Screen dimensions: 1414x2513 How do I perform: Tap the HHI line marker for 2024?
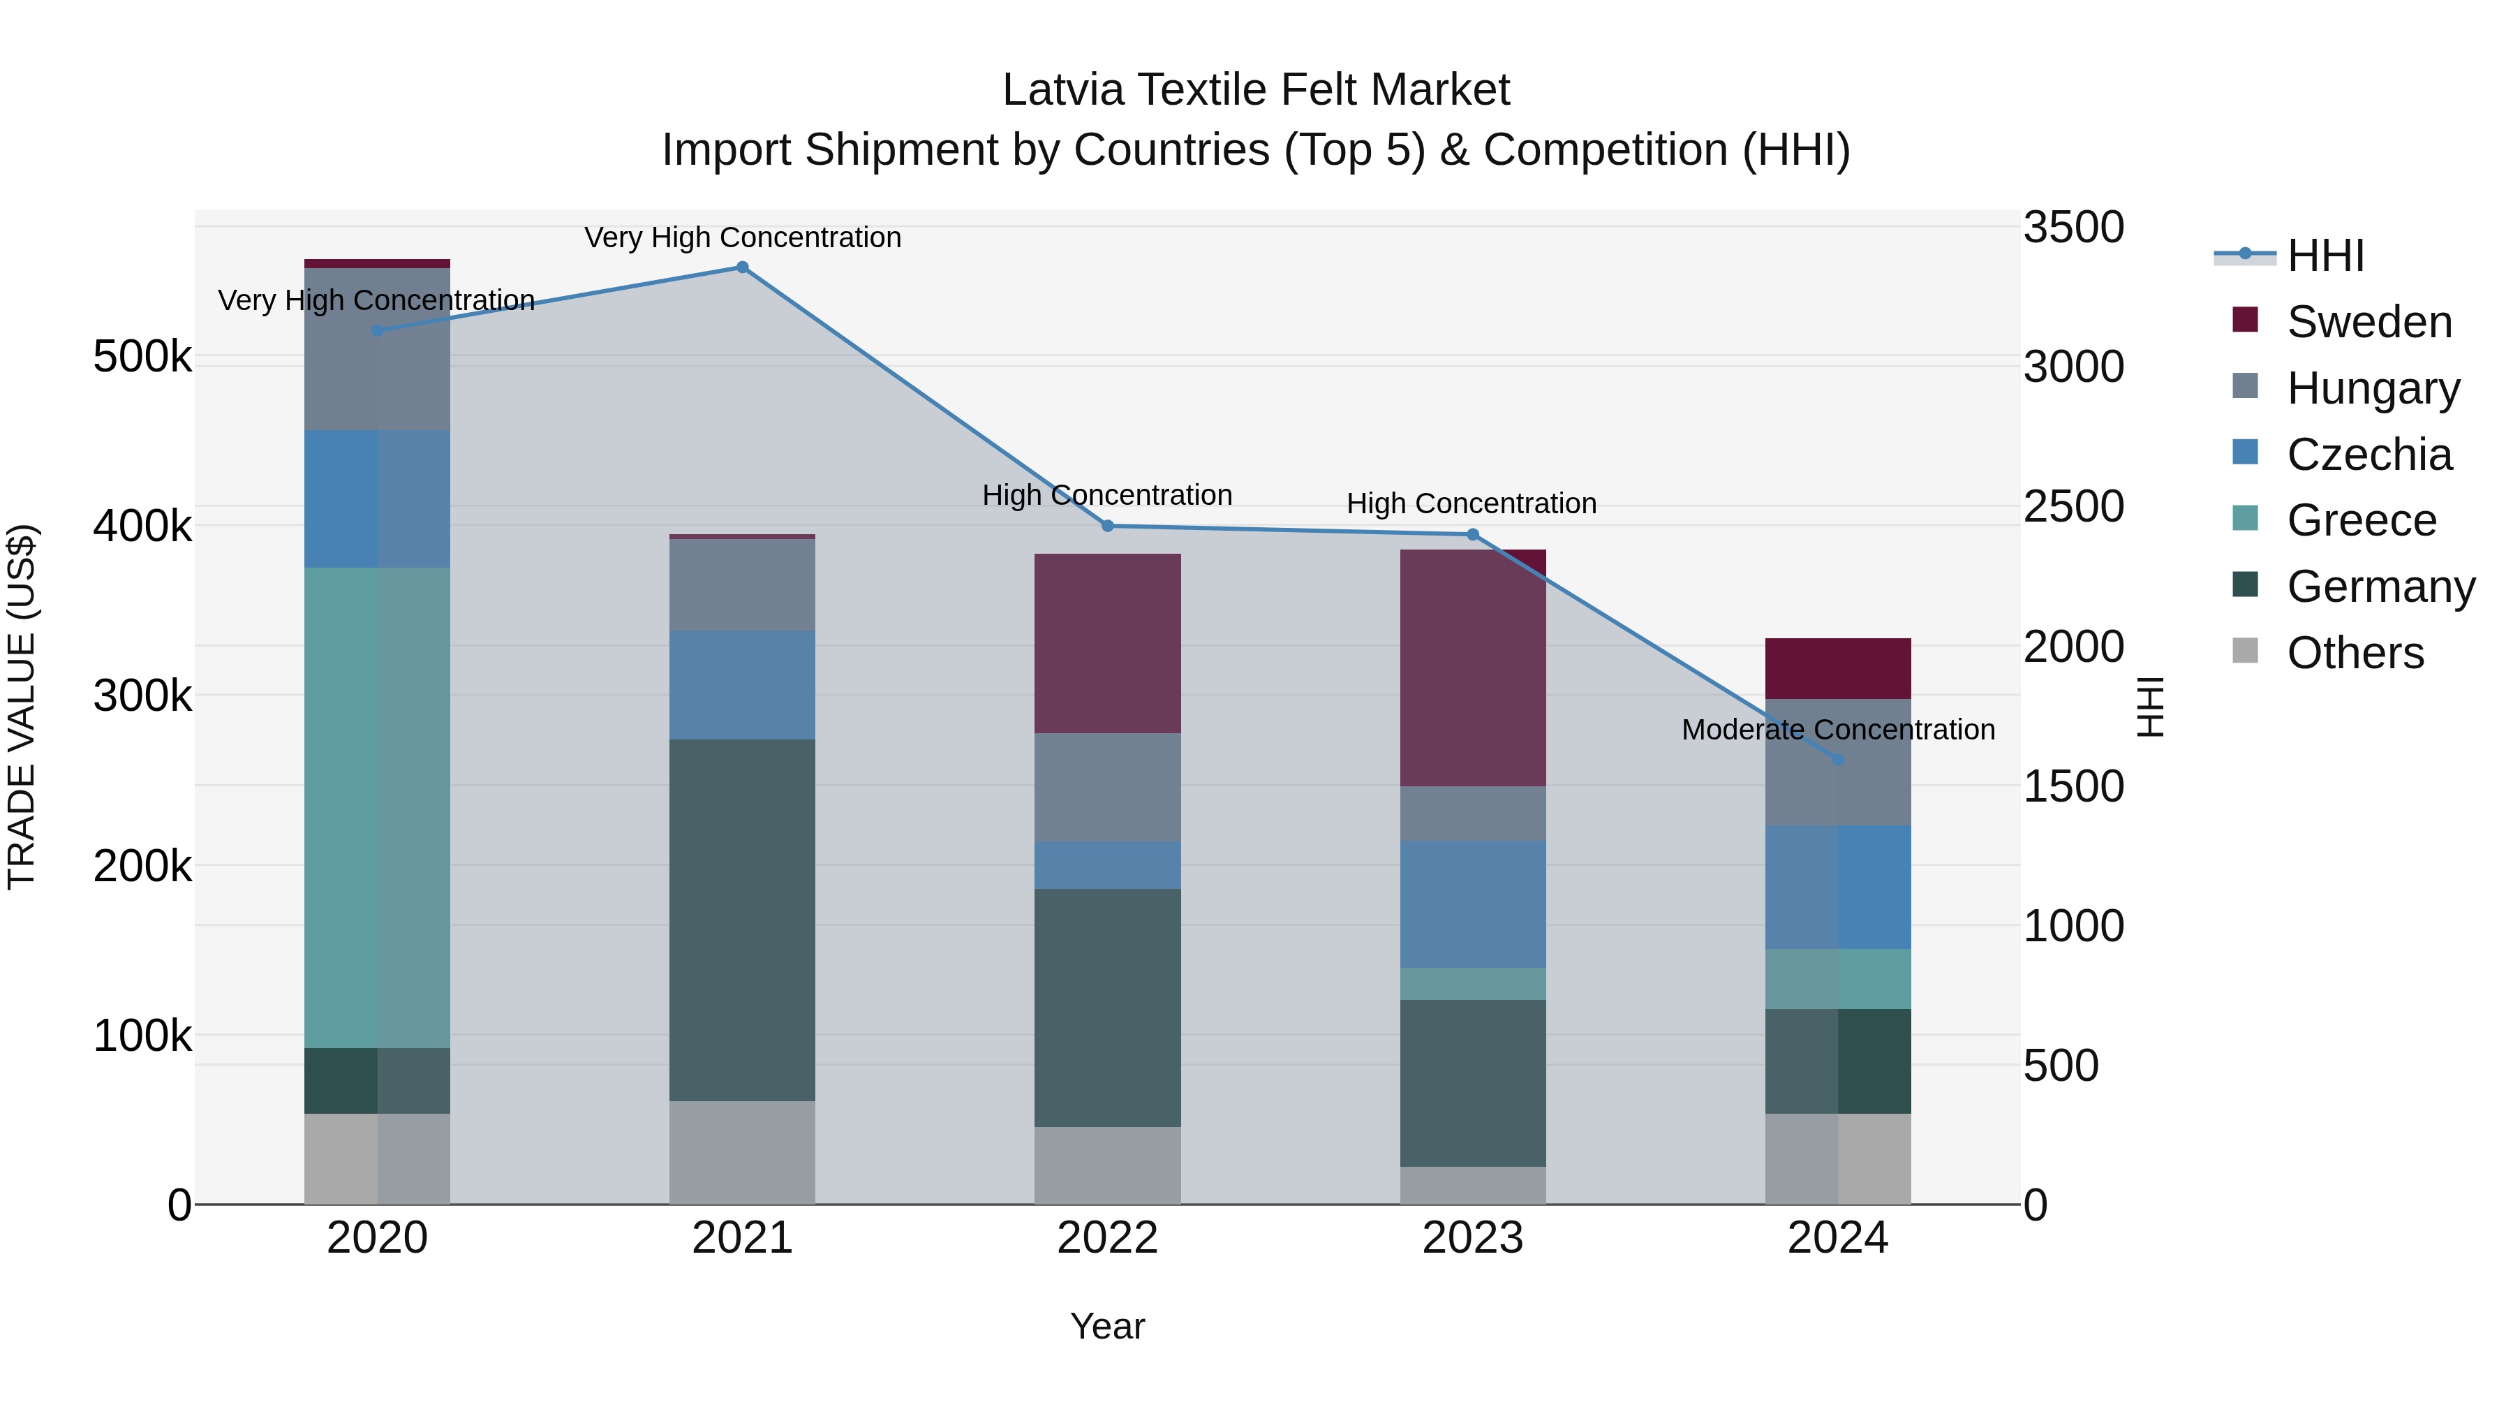pyautogui.click(x=1838, y=759)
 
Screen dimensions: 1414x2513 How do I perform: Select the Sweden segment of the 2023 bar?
pyautogui.click(x=1472, y=668)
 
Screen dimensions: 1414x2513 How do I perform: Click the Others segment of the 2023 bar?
pyautogui.click(x=1472, y=1185)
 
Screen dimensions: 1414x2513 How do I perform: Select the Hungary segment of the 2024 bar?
pyautogui.click(x=1838, y=781)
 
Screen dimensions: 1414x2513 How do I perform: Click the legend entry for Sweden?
pyautogui.click(x=2368, y=322)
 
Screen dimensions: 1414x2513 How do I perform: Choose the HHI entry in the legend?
pyautogui.click(x=2325, y=256)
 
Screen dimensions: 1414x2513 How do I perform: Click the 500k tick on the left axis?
pyautogui.click(x=142, y=356)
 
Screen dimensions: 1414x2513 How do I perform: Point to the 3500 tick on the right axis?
pyautogui.click(x=2073, y=228)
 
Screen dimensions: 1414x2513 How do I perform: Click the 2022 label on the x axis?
pyautogui.click(x=1107, y=1238)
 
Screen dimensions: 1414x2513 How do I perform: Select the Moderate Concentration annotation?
pyautogui.click(x=1838, y=729)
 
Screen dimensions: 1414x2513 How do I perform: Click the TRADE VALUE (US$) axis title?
pyautogui.click(x=22, y=707)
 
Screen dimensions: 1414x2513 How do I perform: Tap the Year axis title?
pyautogui.click(x=1107, y=1326)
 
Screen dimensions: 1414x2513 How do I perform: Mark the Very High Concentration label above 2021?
pyautogui.click(x=743, y=237)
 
